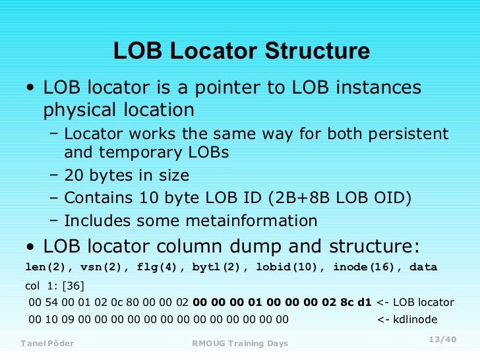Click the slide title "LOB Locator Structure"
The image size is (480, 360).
241,51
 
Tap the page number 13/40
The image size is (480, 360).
442,339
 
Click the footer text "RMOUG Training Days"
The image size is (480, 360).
240,344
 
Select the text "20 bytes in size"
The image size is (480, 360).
127,175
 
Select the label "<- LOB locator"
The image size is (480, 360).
415,303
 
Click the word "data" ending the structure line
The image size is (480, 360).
423,267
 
